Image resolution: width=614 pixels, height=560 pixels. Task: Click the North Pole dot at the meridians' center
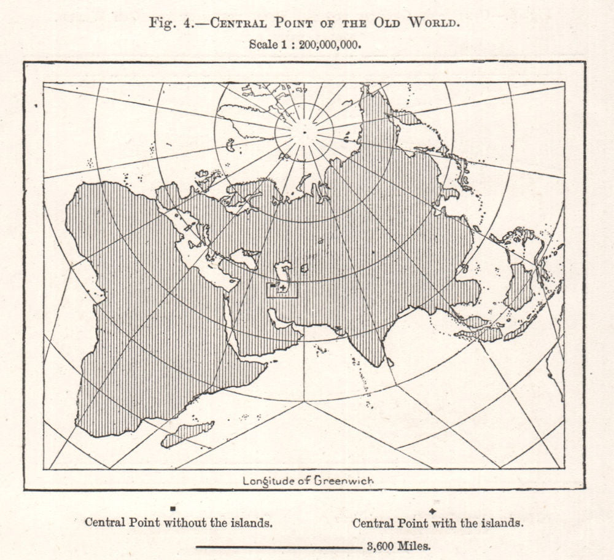(304, 131)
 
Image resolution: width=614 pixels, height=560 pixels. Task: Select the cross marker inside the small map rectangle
(282, 288)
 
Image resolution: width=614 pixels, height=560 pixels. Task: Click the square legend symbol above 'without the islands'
(174, 509)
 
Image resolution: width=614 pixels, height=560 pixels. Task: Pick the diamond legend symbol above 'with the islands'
(433, 511)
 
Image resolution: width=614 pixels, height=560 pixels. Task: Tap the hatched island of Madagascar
(187, 434)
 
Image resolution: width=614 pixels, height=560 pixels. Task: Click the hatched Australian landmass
(519, 286)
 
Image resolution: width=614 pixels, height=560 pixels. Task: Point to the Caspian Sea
(282, 273)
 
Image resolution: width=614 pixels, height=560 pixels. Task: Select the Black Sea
(244, 259)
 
